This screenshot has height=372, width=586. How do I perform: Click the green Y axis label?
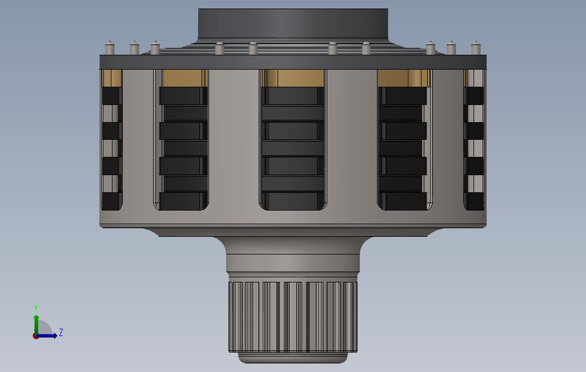[x=36, y=308]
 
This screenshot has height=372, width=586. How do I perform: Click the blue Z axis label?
[x=61, y=332]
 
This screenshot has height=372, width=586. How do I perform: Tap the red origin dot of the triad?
[x=35, y=336]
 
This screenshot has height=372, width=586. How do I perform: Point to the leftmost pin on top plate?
[x=110, y=48]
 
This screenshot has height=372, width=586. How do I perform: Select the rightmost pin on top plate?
[x=475, y=48]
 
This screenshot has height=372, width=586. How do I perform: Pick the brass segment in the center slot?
[x=292, y=78]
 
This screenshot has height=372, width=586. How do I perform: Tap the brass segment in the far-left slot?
[x=111, y=78]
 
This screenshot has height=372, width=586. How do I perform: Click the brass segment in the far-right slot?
[x=474, y=78]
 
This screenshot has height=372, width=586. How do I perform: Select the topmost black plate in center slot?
[x=292, y=95]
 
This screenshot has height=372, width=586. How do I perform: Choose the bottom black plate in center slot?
[x=292, y=200]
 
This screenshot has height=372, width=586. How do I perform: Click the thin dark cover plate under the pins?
[x=292, y=62]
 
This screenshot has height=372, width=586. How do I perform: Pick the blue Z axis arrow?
[x=49, y=335]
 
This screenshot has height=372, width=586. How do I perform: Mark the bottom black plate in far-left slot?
[x=111, y=200]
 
